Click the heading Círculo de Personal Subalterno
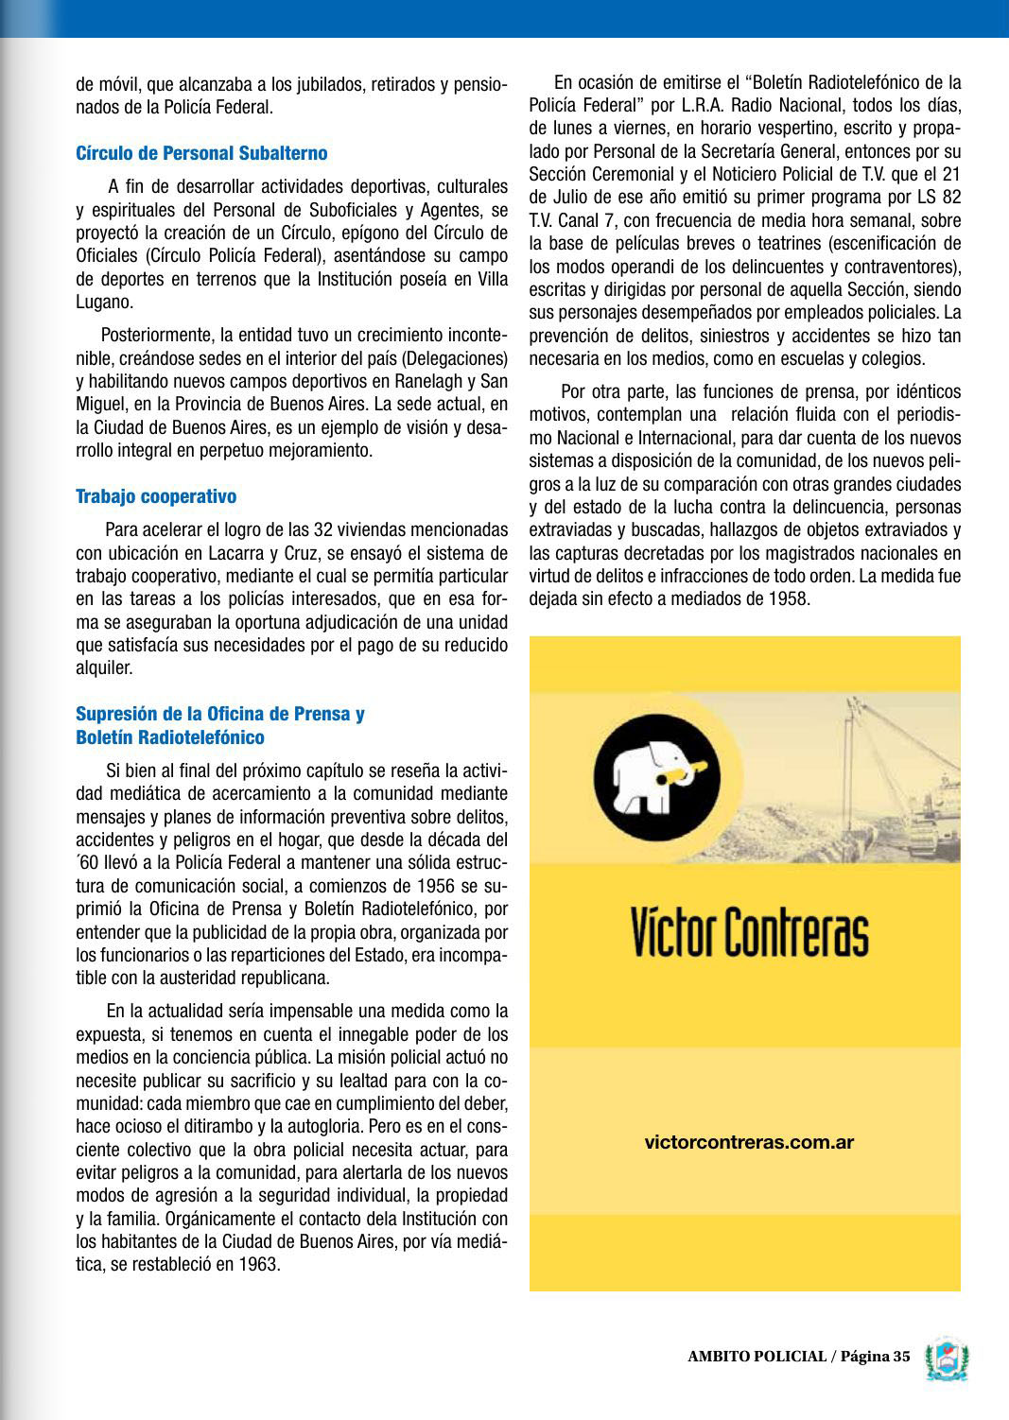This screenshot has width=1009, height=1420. tap(201, 153)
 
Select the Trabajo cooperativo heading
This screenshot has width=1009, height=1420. tap(156, 496)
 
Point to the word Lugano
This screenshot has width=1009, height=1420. tap(103, 302)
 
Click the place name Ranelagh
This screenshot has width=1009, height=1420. tap(410, 381)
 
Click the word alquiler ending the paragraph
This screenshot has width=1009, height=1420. tap(103, 667)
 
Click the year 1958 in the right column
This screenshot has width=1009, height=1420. tap(789, 597)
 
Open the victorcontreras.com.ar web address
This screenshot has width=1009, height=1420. tap(749, 1142)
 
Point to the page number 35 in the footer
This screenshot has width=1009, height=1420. tap(901, 1357)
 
